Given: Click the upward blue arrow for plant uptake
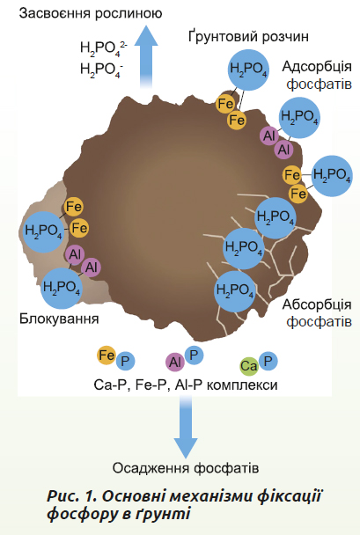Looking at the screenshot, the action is pyautogui.click(x=146, y=56).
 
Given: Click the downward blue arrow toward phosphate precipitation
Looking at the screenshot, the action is pyautogui.click(x=186, y=427).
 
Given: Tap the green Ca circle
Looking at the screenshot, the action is pyautogui.click(x=249, y=366).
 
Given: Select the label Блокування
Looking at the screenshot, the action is pyautogui.click(x=59, y=319).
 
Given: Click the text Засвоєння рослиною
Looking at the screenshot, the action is pyautogui.click(x=91, y=14).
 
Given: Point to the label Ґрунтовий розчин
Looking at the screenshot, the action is pyautogui.click(x=248, y=36).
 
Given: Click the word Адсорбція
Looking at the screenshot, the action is pyautogui.click(x=317, y=67).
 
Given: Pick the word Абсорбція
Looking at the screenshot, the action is pyautogui.click(x=317, y=304).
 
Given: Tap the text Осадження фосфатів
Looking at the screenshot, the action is pyautogui.click(x=186, y=468).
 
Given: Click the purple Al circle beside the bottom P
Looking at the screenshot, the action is pyautogui.click(x=175, y=362).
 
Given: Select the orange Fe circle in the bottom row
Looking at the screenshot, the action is pyautogui.click(x=107, y=355).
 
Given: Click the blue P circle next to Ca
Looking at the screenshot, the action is pyautogui.click(x=268, y=361).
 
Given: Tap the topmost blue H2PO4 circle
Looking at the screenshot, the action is pyautogui.click(x=248, y=70).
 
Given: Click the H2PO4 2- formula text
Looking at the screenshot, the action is pyautogui.click(x=103, y=48).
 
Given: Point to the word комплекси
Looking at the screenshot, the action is pyautogui.click(x=242, y=385).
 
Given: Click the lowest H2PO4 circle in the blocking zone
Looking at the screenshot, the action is pyautogui.click(x=62, y=288).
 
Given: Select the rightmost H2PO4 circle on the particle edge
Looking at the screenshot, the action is pyautogui.click(x=332, y=176).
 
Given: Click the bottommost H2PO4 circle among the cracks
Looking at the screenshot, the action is pyautogui.click(x=235, y=291).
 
